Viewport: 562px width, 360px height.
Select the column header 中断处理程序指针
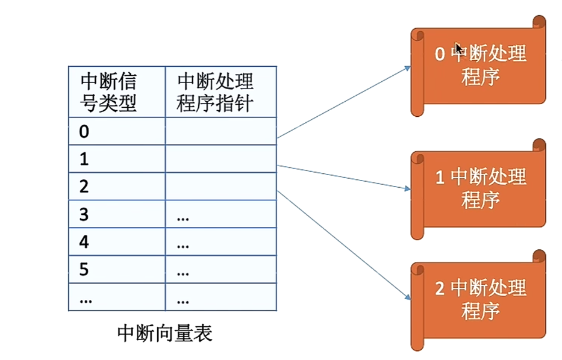[215, 92]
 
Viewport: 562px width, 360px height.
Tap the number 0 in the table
[84, 131]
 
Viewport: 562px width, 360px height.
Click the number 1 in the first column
[84, 159]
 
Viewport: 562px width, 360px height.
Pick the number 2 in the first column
[84, 187]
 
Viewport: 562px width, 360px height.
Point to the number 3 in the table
[84, 214]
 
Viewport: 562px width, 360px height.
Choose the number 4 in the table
[84, 242]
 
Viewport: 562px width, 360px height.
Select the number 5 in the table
[84, 270]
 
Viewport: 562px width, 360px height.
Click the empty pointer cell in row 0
[220, 131]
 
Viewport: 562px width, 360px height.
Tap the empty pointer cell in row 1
[220, 159]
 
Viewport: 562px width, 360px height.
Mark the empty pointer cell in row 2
[220, 187]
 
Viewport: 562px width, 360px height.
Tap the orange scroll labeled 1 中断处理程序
[479, 188]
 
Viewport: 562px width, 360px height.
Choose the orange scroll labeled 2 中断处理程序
[479, 299]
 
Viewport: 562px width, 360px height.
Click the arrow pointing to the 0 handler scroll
[343, 102]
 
